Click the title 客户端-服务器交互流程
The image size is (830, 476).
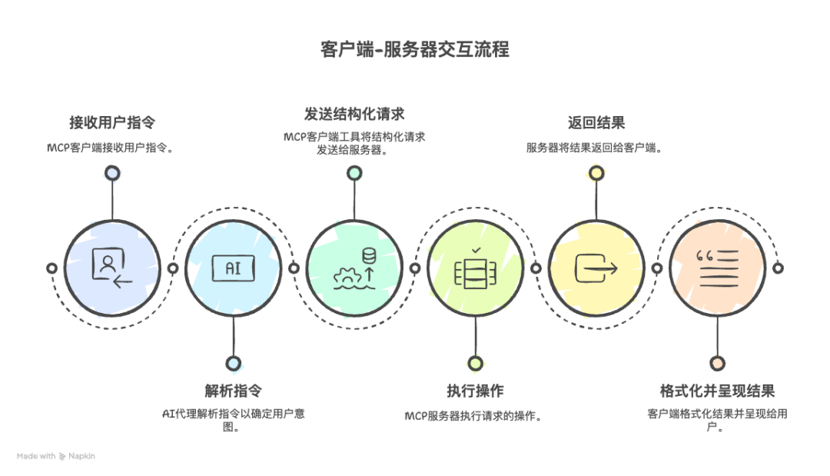tap(414, 50)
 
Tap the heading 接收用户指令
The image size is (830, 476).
tap(112, 123)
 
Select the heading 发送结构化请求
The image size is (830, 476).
tap(354, 114)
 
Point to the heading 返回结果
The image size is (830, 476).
tap(596, 122)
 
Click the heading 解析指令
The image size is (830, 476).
tap(233, 390)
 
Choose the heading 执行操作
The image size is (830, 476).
tap(475, 390)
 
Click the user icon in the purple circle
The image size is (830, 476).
tap(111, 268)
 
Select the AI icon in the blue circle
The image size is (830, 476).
tap(232, 268)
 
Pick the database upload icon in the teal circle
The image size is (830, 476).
tap(354, 268)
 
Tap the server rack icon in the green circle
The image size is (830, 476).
tap(475, 268)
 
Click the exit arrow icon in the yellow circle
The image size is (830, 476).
tap(596, 268)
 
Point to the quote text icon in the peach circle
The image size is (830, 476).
tap(716, 268)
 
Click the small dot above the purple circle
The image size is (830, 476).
tap(112, 173)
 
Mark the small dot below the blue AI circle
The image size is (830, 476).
tap(233, 363)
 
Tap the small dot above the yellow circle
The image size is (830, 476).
tap(596, 173)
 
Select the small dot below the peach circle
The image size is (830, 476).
tap(717, 363)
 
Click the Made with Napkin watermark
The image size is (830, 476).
tap(56, 456)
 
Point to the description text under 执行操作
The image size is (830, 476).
tap(474, 416)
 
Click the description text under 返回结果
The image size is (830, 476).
tap(595, 148)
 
